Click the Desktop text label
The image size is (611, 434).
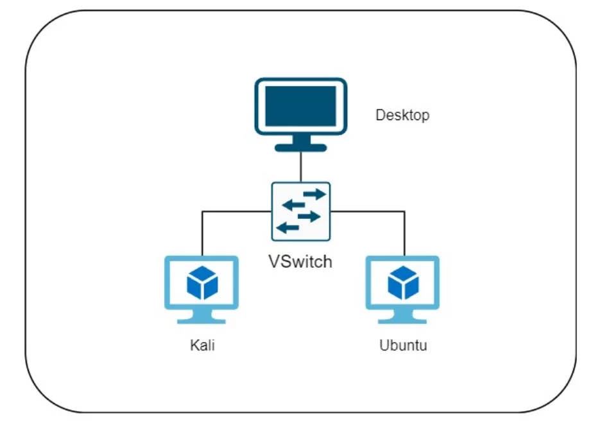tap(402, 116)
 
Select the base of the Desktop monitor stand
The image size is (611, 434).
tap(300, 147)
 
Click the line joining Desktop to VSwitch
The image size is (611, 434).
tap(300, 167)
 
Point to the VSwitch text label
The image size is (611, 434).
tap(300, 261)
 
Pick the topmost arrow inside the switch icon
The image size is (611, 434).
tap(314, 193)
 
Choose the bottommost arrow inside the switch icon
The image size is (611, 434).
tap(288, 228)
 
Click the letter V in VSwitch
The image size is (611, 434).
tap(274, 261)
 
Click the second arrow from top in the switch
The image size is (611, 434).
tap(294, 205)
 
